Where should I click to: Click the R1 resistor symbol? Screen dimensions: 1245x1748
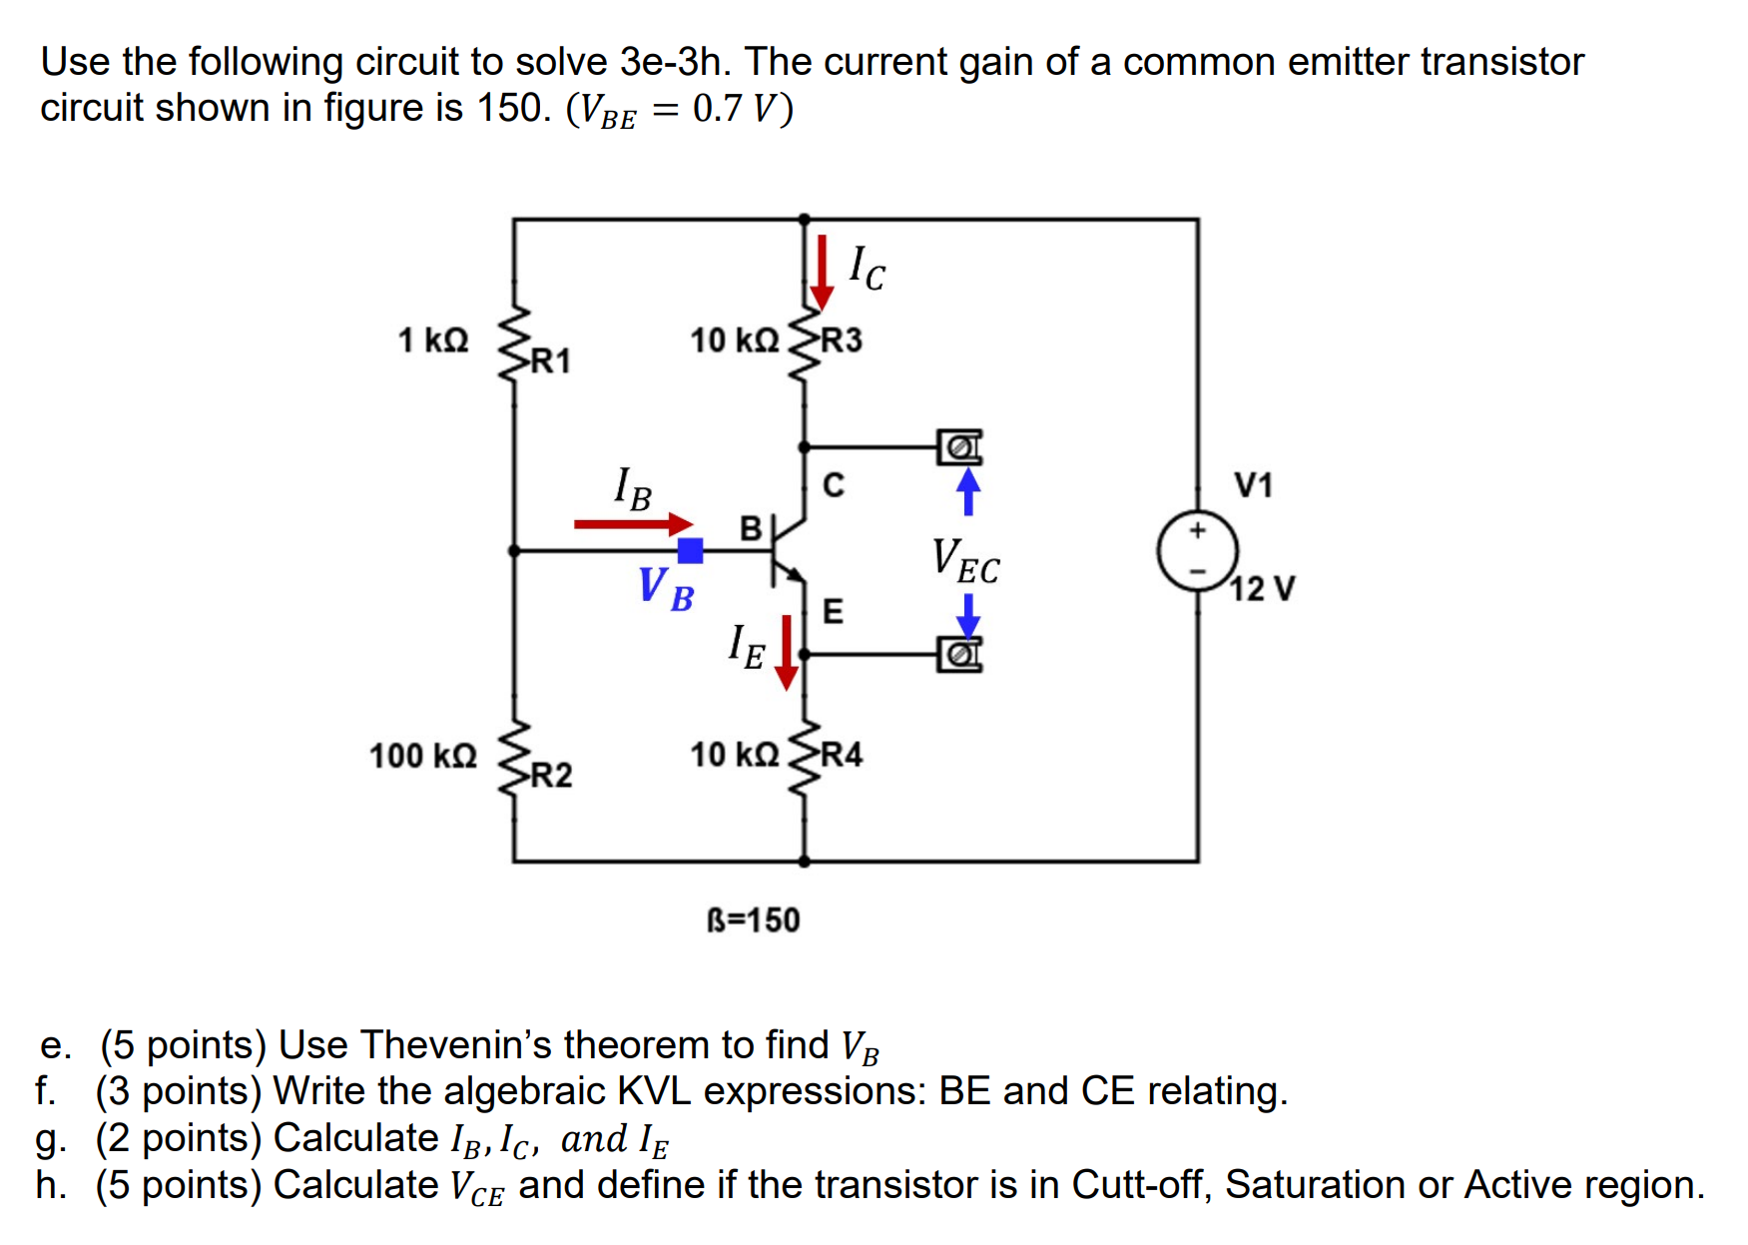pyautogui.click(x=513, y=342)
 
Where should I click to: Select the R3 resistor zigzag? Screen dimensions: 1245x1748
pyautogui.click(x=804, y=342)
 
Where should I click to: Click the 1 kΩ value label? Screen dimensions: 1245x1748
pyautogui.click(x=432, y=340)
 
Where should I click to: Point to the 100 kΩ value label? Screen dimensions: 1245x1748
pyautogui.click(x=422, y=756)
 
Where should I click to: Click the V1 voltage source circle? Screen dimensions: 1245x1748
pyautogui.click(x=1197, y=551)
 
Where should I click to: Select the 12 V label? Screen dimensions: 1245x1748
pyautogui.click(x=1262, y=589)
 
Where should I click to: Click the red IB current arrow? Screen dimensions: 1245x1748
pyautogui.click(x=633, y=524)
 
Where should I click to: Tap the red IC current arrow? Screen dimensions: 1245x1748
pyautogui.click(x=821, y=272)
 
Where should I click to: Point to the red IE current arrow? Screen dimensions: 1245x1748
pyautogui.click(x=787, y=652)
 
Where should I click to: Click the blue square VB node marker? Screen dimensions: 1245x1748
pyautogui.click(x=690, y=550)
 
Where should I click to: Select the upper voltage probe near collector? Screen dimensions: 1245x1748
pyautogui.click(x=959, y=447)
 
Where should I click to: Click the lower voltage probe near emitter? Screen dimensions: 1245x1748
pyautogui.click(x=959, y=655)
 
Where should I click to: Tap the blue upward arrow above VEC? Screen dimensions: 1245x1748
pyautogui.click(x=967, y=491)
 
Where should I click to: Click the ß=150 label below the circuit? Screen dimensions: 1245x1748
pyautogui.click(x=753, y=920)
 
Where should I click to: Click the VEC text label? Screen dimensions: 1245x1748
pyautogui.click(x=965, y=561)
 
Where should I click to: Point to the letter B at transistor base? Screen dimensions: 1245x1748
pyautogui.click(x=750, y=528)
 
